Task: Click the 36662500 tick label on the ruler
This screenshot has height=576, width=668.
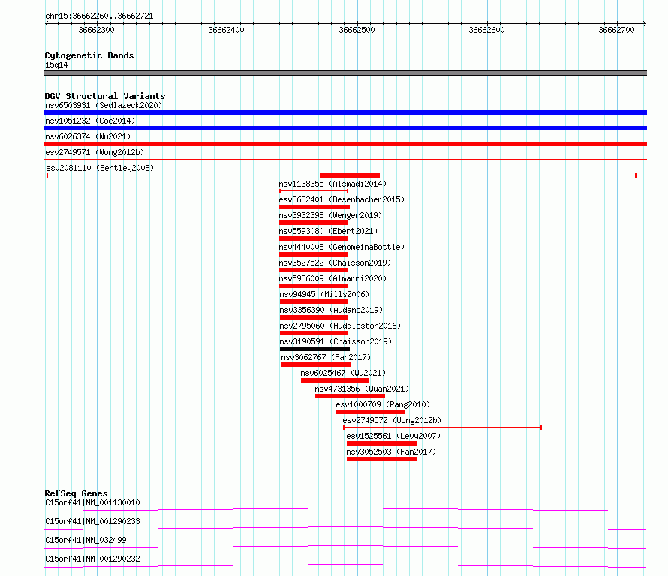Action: click(357, 30)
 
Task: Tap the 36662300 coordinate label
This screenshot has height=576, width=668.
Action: click(96, 30)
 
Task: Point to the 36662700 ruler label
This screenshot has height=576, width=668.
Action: click(616, 30)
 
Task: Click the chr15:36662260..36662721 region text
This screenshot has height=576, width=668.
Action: click(99, 16)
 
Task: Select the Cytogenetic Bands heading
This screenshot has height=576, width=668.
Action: click(89, 55)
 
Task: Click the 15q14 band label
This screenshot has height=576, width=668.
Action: click(56, 64)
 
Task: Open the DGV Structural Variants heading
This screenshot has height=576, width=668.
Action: click(105, 96)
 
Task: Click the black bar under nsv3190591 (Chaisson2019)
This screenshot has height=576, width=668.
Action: click(314, 349)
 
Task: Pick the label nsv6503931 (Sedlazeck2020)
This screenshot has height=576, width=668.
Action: click(104, 105)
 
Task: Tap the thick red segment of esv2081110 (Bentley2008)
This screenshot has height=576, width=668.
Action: click(350, 175)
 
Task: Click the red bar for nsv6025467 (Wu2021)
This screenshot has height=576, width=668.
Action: click(335, 380)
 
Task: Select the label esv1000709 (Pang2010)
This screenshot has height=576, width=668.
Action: click(383, 404)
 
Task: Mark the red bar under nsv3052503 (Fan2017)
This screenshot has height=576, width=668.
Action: click(381, 459)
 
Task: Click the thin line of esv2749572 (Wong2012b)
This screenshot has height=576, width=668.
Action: click(442, 427)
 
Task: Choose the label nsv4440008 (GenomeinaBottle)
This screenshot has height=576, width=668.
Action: click(342, 247)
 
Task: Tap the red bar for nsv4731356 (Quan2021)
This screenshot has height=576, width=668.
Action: click(351, 396)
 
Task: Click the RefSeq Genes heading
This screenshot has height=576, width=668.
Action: click(76, 493)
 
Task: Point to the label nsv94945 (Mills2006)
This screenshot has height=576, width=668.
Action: click(324, 294)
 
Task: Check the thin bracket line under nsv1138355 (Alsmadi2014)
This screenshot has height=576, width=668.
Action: click(314, 191)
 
